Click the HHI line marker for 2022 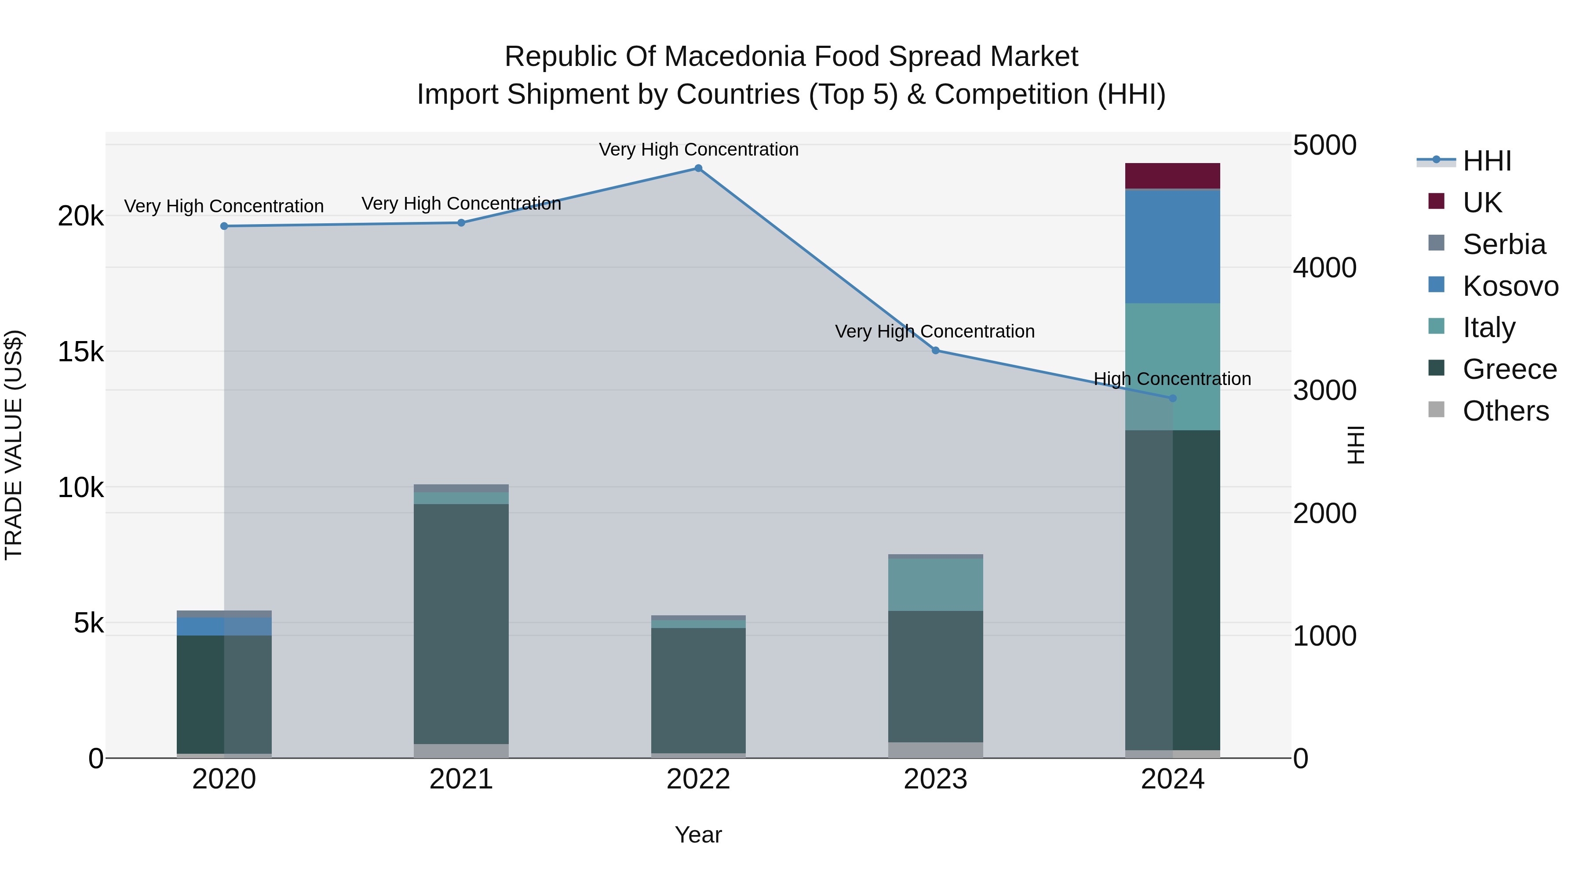pos(698,168)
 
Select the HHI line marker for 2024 pos(1172,399)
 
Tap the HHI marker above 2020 pos(224,226)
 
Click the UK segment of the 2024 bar pos(1172,176)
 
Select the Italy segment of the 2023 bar pos(935,584)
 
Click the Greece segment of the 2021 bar pos(461,623)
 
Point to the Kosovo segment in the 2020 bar pos(224,626)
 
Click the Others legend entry pos(1505,411)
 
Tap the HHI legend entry pos(1487,161)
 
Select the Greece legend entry pos(1509,369)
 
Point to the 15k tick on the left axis pos(80,352)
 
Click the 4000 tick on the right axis pos(1324,268)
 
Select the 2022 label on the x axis pos(698,779)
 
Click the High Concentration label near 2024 pos(1172,379)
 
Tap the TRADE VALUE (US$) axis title pos(14,445)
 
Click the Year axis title pos(698,835)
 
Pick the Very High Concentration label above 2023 pos(935,332)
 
